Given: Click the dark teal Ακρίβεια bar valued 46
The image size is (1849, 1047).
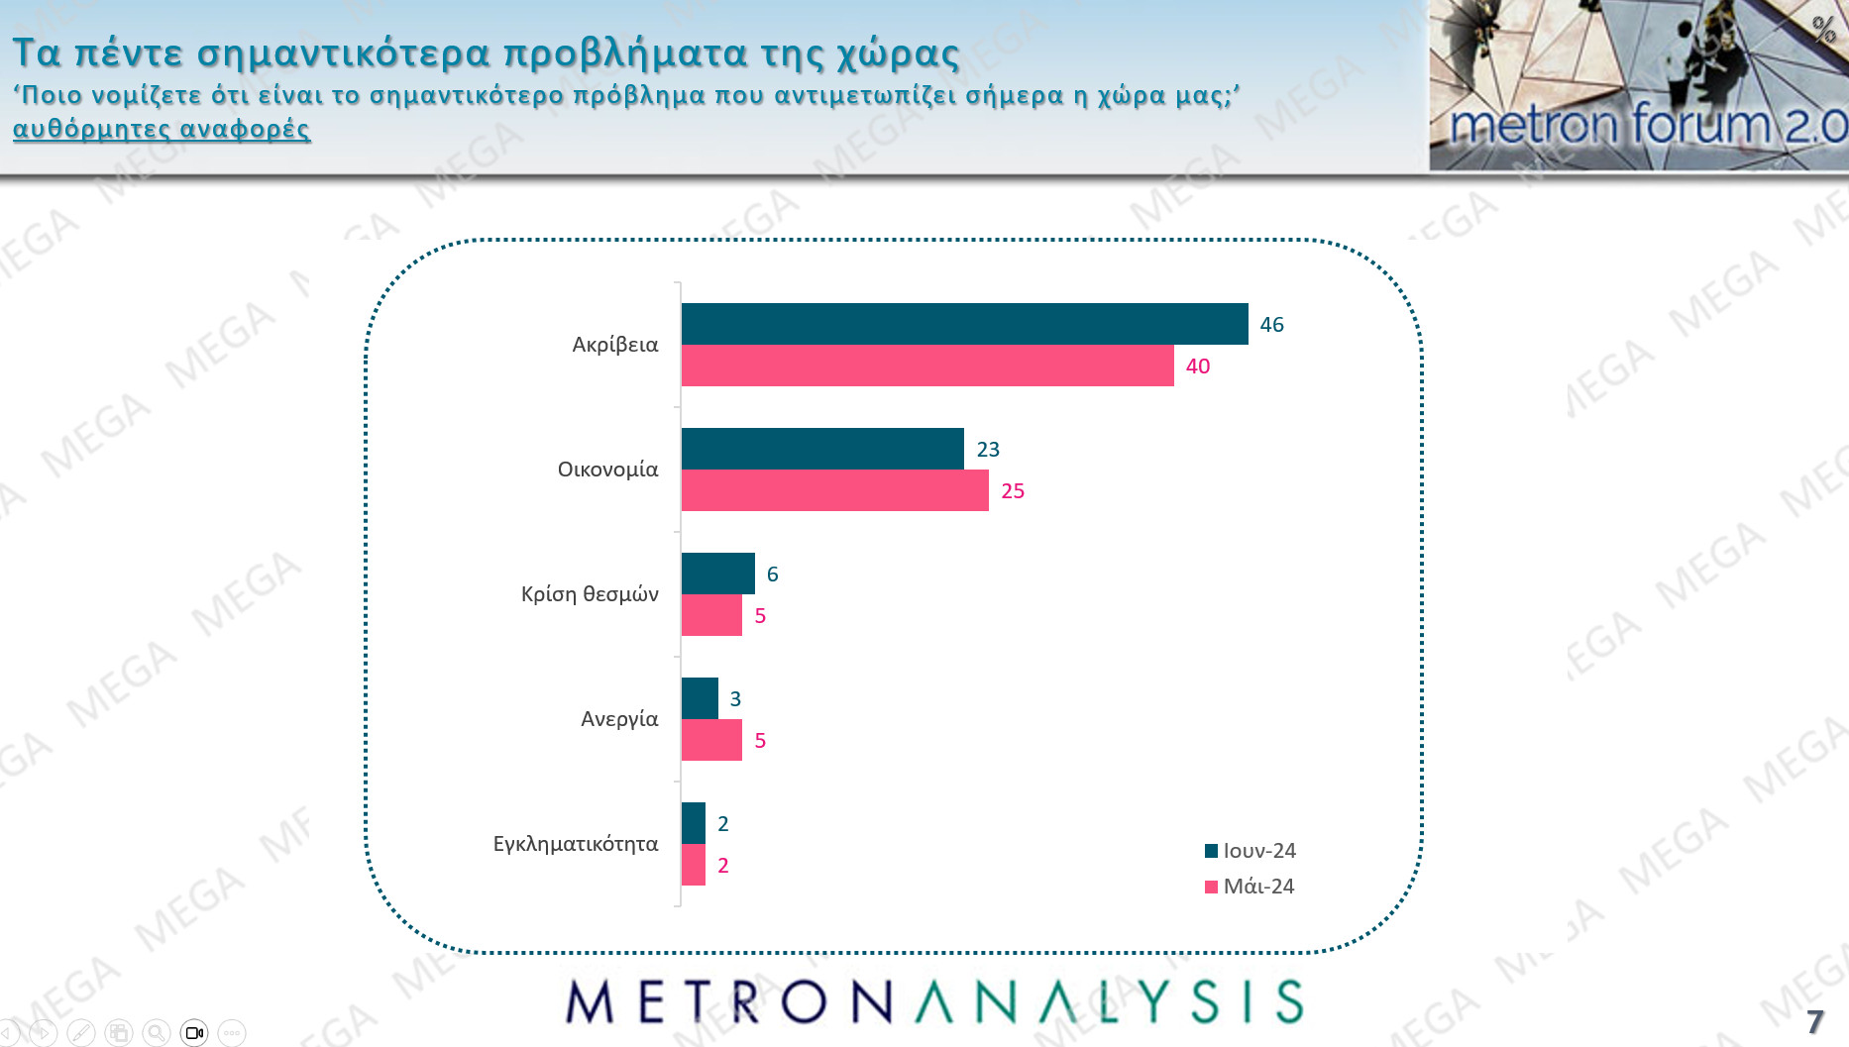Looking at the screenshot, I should point(964,324).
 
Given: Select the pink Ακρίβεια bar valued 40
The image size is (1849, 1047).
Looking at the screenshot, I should point(927,366).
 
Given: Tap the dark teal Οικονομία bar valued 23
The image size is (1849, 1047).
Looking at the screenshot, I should point(822,449).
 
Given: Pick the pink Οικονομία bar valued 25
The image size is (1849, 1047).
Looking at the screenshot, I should point(834,490).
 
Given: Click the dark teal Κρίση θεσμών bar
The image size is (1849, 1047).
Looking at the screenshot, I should point(717,574).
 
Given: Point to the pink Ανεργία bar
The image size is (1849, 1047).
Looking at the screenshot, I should point(711,740).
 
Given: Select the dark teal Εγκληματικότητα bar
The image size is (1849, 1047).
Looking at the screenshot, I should point(694,823).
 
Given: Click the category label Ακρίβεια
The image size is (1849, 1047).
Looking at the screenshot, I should point(614,345).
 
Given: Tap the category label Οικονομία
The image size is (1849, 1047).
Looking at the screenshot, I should point(607,470).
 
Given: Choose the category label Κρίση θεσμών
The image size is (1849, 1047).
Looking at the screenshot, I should point(590,594).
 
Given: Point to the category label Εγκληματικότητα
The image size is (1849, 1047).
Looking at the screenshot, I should point(576,844).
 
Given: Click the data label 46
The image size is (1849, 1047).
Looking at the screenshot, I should point(1271,325).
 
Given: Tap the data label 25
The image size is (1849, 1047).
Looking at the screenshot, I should point(1013,491).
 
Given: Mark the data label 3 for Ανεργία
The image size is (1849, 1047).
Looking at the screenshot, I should point(735,699).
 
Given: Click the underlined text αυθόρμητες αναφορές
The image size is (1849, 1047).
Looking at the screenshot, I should point(162,129).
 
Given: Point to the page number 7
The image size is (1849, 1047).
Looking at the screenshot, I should point(1814,1021).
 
